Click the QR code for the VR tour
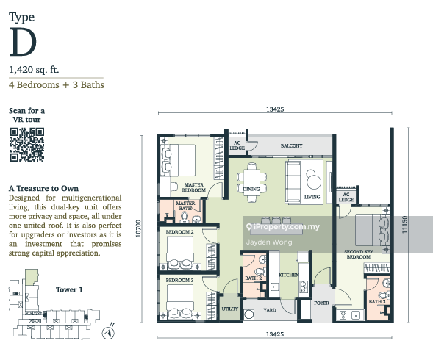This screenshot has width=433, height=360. click(26, 145)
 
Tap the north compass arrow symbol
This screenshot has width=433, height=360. click(108, 332)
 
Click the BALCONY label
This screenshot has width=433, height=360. click(292, 145)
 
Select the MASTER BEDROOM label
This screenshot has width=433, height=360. click(193, 187)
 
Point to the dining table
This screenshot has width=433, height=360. click(251, 182)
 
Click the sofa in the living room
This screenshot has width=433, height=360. click(293, 182)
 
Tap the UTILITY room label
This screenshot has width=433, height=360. click(230, 309)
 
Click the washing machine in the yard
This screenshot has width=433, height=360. click(249, 314)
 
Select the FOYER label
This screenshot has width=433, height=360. click(322, 303)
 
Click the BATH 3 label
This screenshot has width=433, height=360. click(377, 302)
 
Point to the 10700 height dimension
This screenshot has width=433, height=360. click(138, 228)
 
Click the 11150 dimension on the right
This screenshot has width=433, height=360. click(404, 224)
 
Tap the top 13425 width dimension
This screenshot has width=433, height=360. click(275, 109)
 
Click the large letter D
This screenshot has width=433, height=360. click(23, 42)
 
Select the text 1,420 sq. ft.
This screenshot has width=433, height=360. click(34, 70)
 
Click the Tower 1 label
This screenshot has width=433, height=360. click(69, 289)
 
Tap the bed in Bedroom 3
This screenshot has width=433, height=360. click(180, 300)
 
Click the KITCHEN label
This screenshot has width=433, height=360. click(289, 275)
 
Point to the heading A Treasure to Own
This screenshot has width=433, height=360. click(43, 188)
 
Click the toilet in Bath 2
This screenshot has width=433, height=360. click(260, 271)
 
